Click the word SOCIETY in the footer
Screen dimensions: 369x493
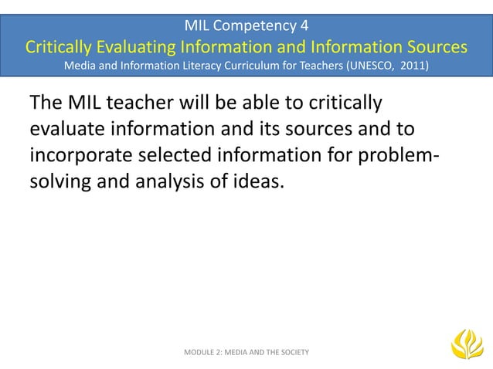[292, 352]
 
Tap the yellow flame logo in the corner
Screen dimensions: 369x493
[466, 344]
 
